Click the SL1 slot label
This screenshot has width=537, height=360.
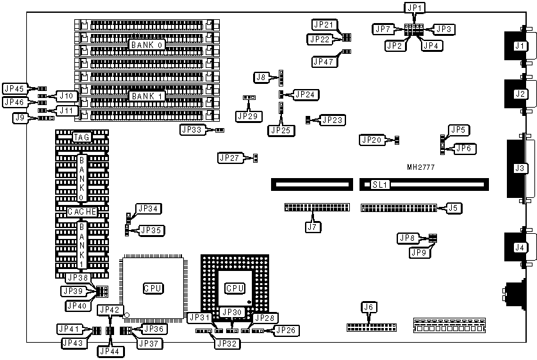click(x=381, y=184)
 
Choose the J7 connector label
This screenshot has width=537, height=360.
click(x=312, y=226)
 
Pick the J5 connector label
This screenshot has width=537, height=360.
click(x=452, y=207)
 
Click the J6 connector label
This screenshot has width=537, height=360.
click(x=367, y=307)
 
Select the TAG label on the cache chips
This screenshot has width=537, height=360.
click(x=81, y=137)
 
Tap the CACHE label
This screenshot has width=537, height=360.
click(x=82, y=211)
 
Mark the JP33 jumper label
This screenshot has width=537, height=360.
click(x=192, y=129)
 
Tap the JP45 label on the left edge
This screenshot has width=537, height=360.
click(x=14, y=89)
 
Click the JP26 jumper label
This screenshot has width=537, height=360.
click(x=286, y=331)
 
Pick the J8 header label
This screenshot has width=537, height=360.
click(x=261, y=77)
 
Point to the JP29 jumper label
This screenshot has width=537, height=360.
click(x=247, y=116)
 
